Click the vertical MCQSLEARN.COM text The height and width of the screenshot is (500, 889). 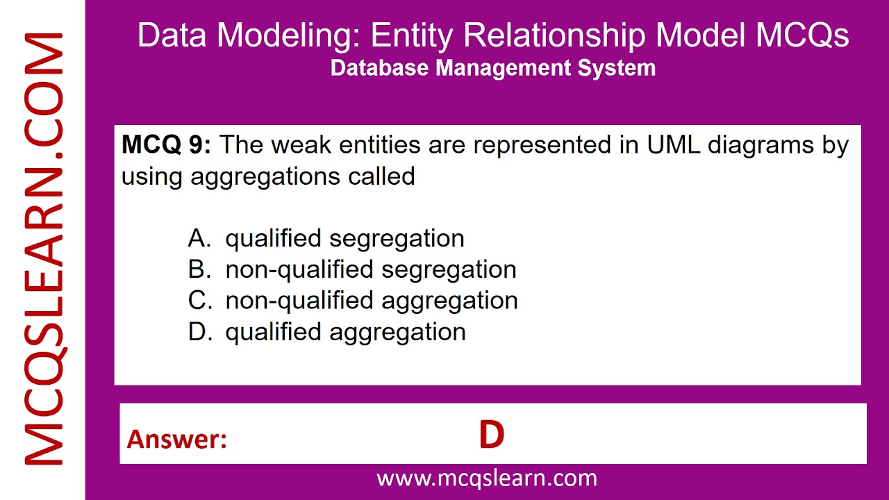(x=43, y=250)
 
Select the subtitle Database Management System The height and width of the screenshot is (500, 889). (x=493, y=68)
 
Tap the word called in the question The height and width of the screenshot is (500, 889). (x=381, y=176)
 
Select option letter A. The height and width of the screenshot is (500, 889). (x=199, y=238)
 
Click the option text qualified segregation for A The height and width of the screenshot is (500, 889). (x=344, y=238)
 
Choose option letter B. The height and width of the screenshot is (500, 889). (x=199, y=269)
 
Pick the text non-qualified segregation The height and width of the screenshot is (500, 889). (x=371, y=269)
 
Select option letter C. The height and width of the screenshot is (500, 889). (x=199, y=301)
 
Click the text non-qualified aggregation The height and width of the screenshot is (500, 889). (x=372, y=301)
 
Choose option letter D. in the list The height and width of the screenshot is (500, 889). (x=199, y=332)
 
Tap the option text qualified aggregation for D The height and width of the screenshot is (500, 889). (x=345, y=332)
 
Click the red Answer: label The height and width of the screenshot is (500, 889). (x=177, y=439)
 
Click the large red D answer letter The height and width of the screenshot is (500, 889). (x=491, y=435)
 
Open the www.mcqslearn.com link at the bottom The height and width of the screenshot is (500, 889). (x=486, y=478)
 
